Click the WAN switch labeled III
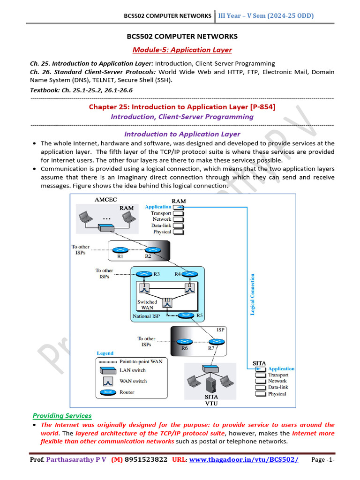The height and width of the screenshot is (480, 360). pos(167,304)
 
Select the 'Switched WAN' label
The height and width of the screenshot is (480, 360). pos(147,305)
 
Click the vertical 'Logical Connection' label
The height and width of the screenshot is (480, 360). pos(253,294)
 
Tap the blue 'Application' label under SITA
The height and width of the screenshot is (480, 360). pos(281,369)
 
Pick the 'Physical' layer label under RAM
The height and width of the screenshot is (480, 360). pos(162,232)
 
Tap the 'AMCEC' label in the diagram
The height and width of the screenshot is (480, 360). pos(106,199)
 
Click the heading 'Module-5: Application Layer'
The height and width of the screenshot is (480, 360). pos(182,50)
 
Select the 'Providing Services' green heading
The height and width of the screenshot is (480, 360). pos(62,416)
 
